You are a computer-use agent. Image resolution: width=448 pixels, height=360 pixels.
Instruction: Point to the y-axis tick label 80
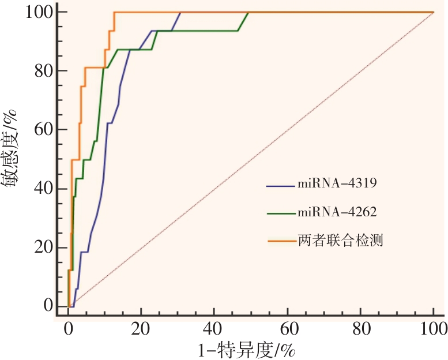coord(44,70)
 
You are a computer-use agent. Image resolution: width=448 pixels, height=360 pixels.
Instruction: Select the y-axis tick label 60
coord(44,129)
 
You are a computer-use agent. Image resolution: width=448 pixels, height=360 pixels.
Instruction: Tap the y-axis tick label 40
coord(44,188)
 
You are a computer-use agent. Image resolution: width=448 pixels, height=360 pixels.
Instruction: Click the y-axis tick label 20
coord(44,247)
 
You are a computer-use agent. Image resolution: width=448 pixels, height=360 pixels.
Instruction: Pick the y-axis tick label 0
coord(48,306)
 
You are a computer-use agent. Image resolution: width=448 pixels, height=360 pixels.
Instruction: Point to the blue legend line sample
coord(280,186)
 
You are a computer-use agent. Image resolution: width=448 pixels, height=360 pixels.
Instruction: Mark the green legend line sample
coord(280,213)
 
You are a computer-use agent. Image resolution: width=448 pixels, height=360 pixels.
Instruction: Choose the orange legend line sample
coord(280,241)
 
